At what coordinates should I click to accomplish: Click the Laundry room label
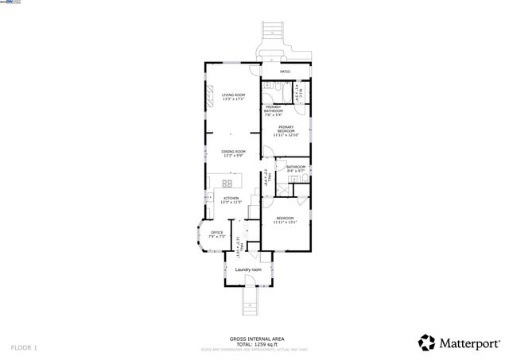(x=247, y=269)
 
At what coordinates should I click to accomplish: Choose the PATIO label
(x=285, y=72)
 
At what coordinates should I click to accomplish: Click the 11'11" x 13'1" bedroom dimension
(x=285, y=222)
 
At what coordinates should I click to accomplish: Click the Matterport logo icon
(x=427, y=343)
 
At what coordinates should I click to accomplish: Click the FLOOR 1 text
(x=24, y=347)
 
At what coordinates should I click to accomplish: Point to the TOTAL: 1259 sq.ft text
(x=252, y=344)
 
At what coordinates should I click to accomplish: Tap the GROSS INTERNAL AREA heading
(x=252, y=338)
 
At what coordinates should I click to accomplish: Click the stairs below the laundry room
(x=248, y=300)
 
